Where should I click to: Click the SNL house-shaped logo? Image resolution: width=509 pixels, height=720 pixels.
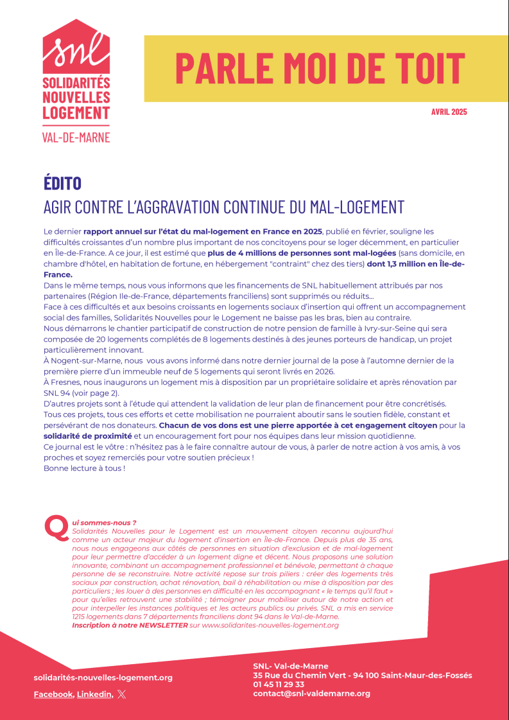(x=76, y=46)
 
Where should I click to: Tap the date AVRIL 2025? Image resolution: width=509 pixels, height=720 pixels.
(x=449, y=112)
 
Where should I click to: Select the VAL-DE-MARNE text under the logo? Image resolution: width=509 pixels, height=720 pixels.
(x=76, y=137)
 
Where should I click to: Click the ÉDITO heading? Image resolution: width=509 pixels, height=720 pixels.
(x=62, y=183)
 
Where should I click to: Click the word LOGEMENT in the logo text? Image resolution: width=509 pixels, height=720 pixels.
(x=76, y=113)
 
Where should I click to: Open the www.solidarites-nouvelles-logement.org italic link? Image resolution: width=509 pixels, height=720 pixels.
(x=270, y=625)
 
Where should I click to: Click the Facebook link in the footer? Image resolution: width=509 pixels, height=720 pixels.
(x=53, y=694)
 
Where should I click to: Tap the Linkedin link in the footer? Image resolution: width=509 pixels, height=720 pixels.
(x=94, y=694)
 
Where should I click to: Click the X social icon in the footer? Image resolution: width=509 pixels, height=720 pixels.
(x=122, y=694)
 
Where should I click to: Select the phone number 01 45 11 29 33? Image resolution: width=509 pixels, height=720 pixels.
(x=279, y=684)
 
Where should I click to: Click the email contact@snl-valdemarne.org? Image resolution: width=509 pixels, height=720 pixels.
(x=311, y=693)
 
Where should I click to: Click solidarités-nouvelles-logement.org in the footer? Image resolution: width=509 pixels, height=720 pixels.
(x=103, y=678)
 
